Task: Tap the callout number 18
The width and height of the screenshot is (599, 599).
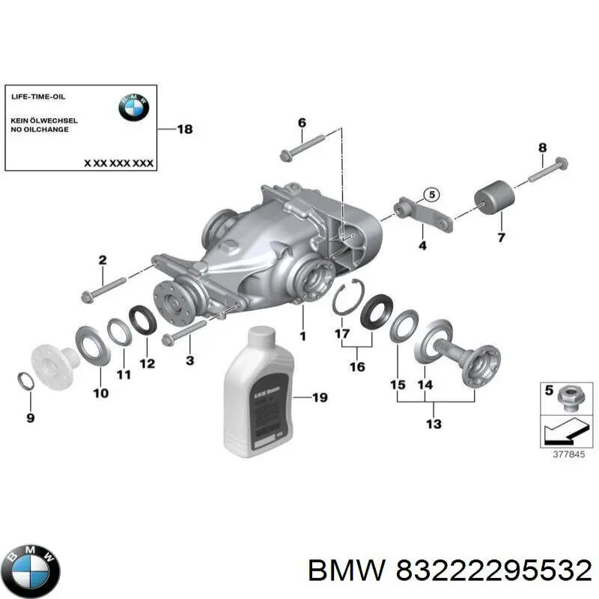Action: tap(184, 130)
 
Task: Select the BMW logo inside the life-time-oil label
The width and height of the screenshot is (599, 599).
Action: tap(133, 108)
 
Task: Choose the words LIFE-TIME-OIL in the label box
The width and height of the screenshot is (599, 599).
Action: tap(38, 97)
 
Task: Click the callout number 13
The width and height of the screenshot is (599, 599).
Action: tap(434, 425)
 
